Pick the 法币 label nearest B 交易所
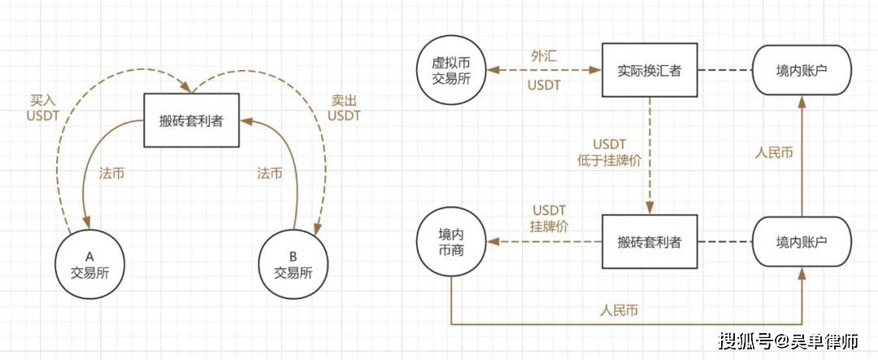(x=270, y=174)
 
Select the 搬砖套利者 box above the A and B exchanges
(x=192, y=121)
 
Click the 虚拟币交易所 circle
(x=451, y=71)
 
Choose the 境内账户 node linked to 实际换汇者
(x=802, y=71)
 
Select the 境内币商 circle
(x=450, y=241)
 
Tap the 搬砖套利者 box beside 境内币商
(x=649, y=241)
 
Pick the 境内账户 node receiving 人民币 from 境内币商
(x=802, y=241)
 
